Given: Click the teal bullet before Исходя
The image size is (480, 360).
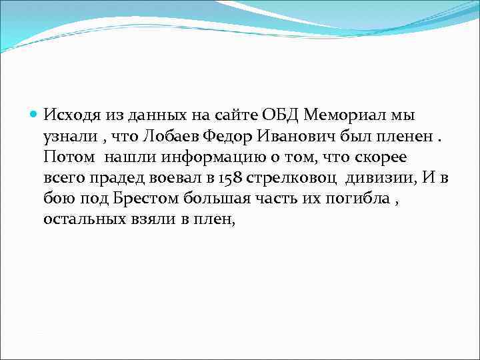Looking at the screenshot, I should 35,114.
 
